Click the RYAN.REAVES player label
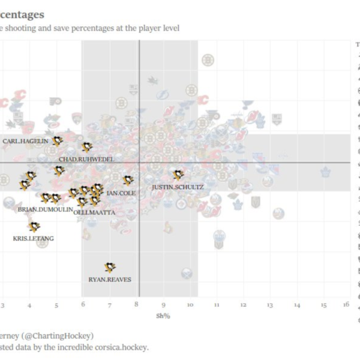point(110,279)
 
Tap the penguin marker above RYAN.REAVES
point(109,267)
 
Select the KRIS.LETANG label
point(33,238)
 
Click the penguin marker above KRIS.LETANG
point(34,227)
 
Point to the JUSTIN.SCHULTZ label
point(178,187)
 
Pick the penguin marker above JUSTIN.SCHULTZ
point(178,175)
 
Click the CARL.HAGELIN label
point(25,141)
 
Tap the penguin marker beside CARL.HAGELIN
point(58,141)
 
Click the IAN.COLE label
point(121,193)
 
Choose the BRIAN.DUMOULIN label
point(45,209)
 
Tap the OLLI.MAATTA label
point(94,212)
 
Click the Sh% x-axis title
point(163,316)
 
